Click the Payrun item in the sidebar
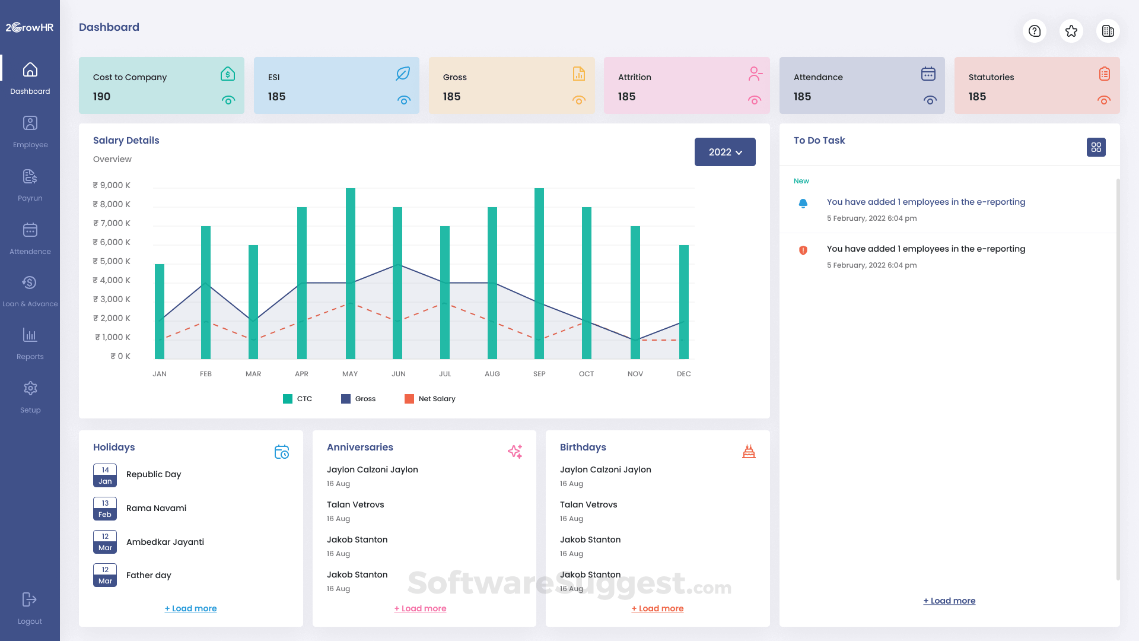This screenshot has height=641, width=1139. pyautogui.click(x=30, y=185)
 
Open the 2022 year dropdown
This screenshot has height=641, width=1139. pyautogui.click(x=725, y=152)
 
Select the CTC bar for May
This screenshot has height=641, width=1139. pyautogui.click(x=351, y=273)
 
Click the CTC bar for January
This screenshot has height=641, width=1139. pyautogui.click(x=160, y=312)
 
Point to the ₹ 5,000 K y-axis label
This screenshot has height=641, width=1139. pyautogui.click(x=112, y=261)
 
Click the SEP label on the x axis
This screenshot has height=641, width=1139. pyautogui.click(x=539, y=374)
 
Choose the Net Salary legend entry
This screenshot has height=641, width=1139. pyautogui.click(x=430, y=399)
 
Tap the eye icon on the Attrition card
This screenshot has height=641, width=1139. pyautogui.click(x=755, y=100)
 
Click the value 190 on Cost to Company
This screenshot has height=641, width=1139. pyautogui.click(x=101, y=97)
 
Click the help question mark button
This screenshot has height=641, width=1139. pyautogui.click(x=1035, y=31)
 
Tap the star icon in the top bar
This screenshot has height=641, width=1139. pyautogui.click(x=1071, y=31)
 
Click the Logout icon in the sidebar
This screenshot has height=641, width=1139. pyautogui.click(x=30, y=600)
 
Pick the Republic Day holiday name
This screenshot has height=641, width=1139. pyautogui.click(x=154, y=474)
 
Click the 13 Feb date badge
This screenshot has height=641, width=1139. pyautogui.click(x=105, y=509)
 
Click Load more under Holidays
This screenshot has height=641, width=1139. pyautogui.click(x=190, y=608)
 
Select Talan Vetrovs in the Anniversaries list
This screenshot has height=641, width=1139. pyautogui.click(x=355, y=504)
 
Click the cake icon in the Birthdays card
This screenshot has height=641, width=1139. pyautogui.click(x=749, y=452)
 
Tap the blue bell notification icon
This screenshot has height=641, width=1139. pyautogui.click(x=803, y=204)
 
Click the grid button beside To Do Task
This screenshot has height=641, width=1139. pyautogui.click(x=1096, y=147)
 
